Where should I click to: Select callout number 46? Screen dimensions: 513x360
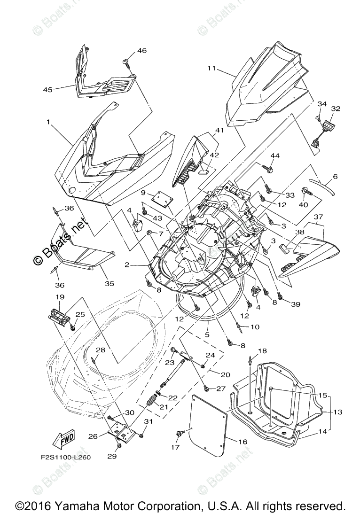pos(141,50)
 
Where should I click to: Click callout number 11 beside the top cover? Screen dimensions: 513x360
pos(211,69)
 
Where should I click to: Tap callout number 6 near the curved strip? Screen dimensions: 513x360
pos(335,177)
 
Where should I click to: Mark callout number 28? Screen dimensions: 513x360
pos(100,350)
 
